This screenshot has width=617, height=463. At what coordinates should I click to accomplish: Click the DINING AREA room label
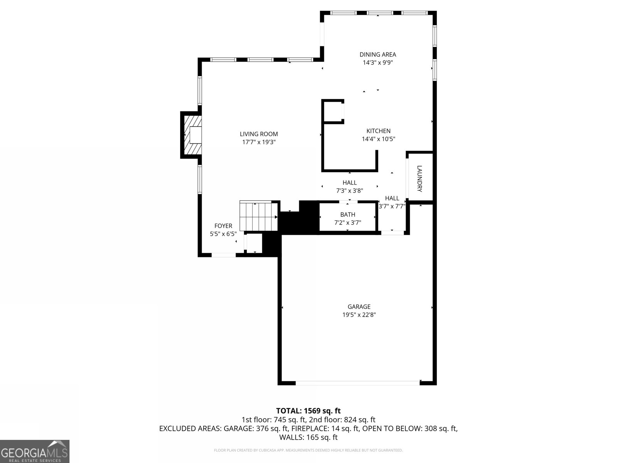pyautogui.click(x=378, y=54)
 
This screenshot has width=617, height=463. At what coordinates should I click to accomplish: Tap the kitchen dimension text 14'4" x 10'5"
pyautogui.click(x=378, y=139)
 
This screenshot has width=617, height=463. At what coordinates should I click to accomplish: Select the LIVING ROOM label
pyautogui.click(x=259, y=134)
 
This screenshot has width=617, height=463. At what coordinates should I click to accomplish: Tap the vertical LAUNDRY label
pyautogui.click(x=420, y=179)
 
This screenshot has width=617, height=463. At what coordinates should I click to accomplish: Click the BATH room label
pyautogui.click(x=347, y=215)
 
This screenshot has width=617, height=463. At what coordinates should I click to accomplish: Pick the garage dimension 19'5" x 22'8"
pyautogui.click(x=359, y=315)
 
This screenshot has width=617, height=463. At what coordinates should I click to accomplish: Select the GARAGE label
pyautogui.click(x=359, y=307)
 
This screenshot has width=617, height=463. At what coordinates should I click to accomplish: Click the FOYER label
pyautogui.click(x=223, y=226)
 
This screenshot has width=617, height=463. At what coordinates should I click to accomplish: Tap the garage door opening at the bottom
pyautogui.click(x=357, y=383)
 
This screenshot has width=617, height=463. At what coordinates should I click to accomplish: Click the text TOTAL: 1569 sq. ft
pyautogui.click(x=308, y=411)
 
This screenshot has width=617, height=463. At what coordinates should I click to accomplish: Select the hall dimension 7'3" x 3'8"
pyautogui.click(x=349, y=190)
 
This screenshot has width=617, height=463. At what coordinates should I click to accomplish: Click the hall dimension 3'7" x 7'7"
pyautogui.click(x=392, y=206)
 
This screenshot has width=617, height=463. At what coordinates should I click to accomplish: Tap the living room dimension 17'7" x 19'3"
pyautogui.click(x=259, y=142)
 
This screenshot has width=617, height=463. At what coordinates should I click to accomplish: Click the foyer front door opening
pyautogui.click(x=224, y=255)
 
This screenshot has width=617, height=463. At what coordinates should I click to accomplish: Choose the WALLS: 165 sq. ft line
pyautogui.click(x=308, y=437)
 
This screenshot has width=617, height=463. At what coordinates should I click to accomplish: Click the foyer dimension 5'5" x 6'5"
pyautogui.click(x=223, y=234)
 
